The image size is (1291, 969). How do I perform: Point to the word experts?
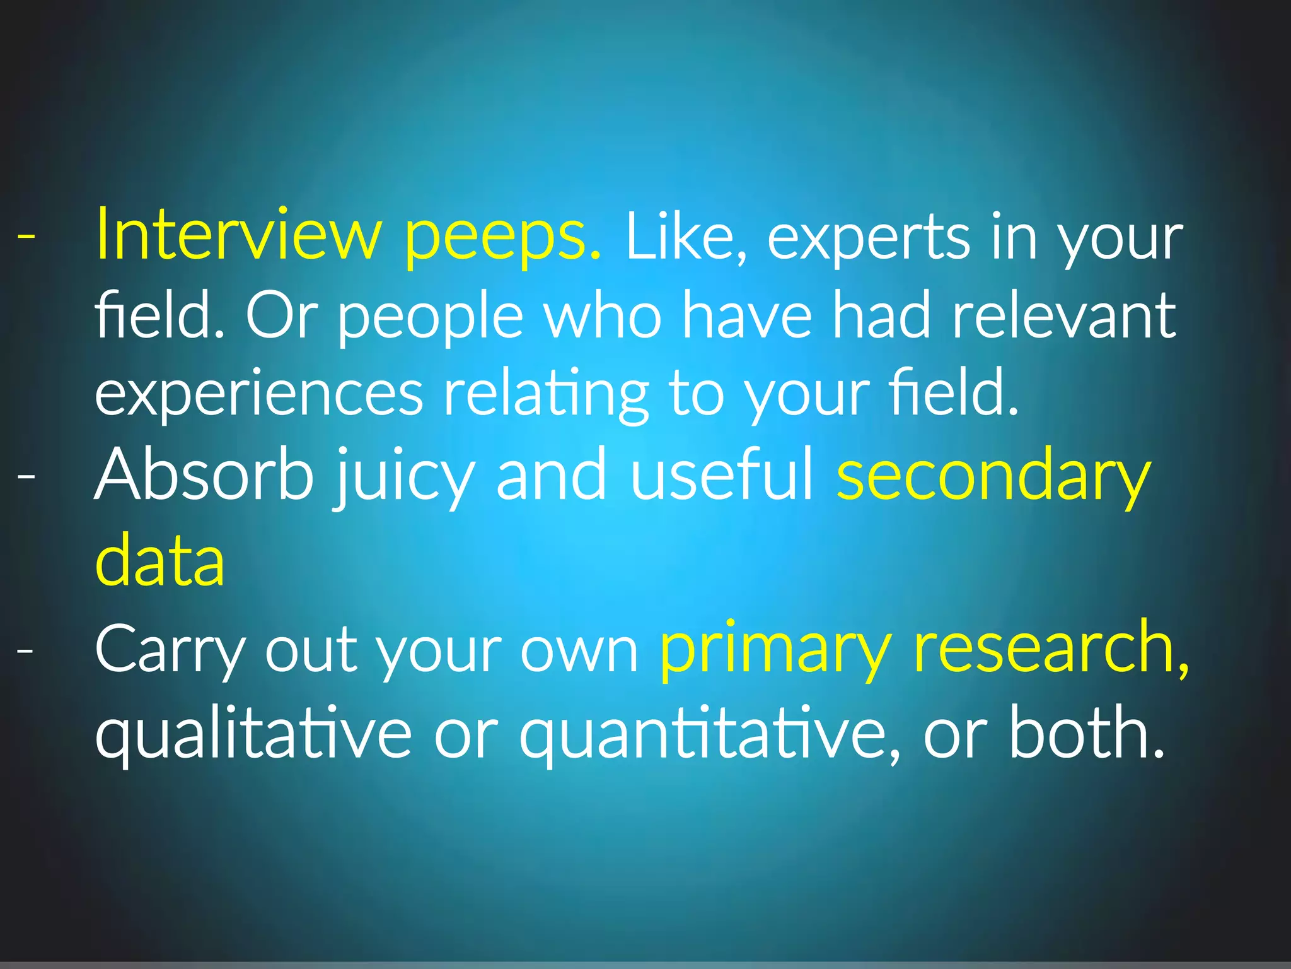point(869,240)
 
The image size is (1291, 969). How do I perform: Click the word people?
point(431,318)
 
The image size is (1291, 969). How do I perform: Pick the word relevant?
point(1064,315)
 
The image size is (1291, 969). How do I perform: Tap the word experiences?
point(258,395)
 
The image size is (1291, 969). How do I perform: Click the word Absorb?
point(204,474)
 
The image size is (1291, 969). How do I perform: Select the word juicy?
point(404,478)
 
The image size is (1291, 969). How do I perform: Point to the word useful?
point(722,474)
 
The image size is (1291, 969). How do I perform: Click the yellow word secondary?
point(993,477)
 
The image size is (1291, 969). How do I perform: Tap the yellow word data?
point(159,559)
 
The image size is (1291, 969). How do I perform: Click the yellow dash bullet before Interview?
point(26,236)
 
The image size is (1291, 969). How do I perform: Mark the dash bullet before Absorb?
point(26,476)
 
